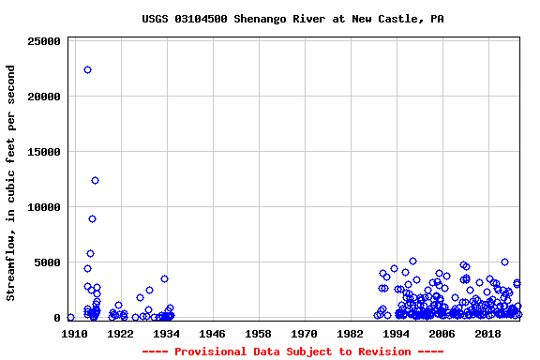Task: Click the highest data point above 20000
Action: pyautogui.click(x=87, y=69)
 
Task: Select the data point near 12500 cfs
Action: pyautogui.click(x=95, y=180)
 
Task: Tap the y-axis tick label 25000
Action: pyautogui.click(x=45, y=41)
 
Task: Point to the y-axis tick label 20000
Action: pyautogui.click(x=45, y=97)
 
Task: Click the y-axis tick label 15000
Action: pyautogui.click(x=45, y=152)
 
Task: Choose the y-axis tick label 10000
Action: pyautogui.click(x=45, y=207)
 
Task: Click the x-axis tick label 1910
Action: pyautogui.click(x=74, y=334)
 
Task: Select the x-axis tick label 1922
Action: pyautogui.click(x=120, y=334)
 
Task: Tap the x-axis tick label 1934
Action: pyautogui.click(x=166, y=334)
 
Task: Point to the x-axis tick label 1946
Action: pyautogui.click(x=212, y=334)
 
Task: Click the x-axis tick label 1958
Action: pyautogui.click(x=258, y=334)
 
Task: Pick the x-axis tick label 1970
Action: pyautogui.click(x=304, y=334)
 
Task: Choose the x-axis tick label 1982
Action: pyautogui.click(x=350, y=334)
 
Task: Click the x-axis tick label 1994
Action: pyautogui.click(x=396, y=334)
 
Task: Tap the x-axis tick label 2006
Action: pyautogui.click(x=442, y=334)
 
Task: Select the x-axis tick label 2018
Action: pyautogui.click(x=487, y=334)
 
